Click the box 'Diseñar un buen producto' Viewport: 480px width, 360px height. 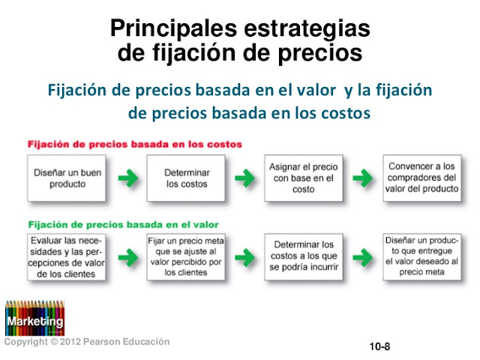coord(67,178)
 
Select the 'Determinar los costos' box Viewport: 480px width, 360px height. coord(186,178)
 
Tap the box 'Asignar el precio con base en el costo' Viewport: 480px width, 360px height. coord(304,178)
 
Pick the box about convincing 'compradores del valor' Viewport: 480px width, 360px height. coord(422,178)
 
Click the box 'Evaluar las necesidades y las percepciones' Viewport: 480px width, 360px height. coord(67,257)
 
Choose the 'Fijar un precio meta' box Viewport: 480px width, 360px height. coord(186,257)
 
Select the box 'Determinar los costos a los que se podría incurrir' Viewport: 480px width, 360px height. coord(304,257)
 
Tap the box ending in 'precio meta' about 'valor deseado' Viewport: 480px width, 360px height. coord(422,257)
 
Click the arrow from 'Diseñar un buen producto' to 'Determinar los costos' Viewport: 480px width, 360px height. coord(128,178)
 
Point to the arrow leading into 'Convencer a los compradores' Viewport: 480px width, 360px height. coord(363,178)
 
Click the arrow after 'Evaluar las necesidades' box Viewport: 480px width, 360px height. coord(128,257)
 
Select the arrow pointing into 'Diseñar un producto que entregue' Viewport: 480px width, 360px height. coord(363,257)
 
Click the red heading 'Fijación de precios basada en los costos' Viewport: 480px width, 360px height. coord(135,144)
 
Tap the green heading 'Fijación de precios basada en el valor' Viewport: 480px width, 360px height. coord(123,225)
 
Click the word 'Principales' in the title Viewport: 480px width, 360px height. coord(173,29)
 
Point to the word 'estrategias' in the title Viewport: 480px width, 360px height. coord(307,29)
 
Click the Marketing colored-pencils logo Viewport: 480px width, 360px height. coord(35,318)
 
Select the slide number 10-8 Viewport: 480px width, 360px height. coord(379,346)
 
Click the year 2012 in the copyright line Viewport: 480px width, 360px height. coord(70,342)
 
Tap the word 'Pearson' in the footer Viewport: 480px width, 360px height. coord(102,342)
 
